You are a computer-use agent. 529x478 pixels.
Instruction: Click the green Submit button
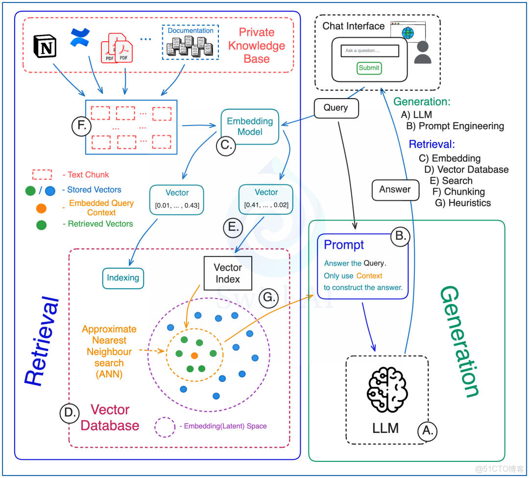369,68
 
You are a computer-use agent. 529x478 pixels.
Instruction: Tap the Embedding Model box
250,126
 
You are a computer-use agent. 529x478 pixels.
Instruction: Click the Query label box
336,107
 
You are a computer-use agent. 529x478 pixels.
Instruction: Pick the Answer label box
395,189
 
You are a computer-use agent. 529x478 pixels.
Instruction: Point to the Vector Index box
228,274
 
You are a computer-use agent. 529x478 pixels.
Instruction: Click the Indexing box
123,278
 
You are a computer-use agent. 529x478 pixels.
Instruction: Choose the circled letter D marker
69,413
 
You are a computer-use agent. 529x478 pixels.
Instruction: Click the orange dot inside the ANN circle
194,355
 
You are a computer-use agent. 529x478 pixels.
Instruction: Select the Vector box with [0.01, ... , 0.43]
177,199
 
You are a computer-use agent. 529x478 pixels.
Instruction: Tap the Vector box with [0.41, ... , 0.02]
266,199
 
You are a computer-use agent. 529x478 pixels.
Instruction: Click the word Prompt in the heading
344,245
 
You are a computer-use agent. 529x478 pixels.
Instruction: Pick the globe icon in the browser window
407,33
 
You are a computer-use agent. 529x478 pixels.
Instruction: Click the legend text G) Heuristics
463,202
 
